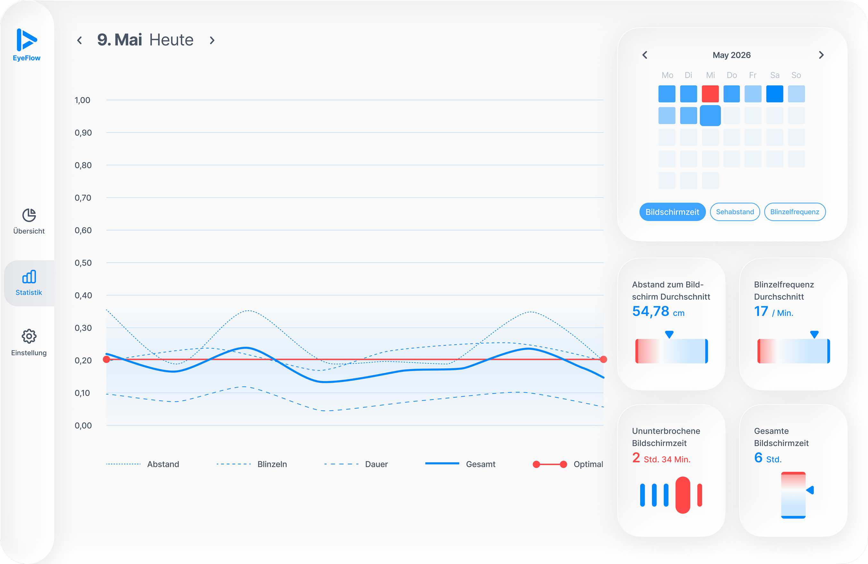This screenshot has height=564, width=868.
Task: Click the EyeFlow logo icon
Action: point(26,40)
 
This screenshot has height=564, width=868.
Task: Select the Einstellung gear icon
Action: point(29,336)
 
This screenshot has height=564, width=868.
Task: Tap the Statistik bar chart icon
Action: point(29,277)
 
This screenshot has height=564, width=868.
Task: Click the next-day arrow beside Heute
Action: point(212,40)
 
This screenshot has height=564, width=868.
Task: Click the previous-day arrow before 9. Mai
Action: point(79,40)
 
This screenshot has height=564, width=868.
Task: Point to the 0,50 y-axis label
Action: point(83,263)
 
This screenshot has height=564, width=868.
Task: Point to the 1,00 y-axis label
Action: point(82,100)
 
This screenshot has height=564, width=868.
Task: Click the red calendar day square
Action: point(710,94)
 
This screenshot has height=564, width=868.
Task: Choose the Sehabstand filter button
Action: point(735,212)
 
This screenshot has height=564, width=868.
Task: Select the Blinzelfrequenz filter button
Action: point(795,212)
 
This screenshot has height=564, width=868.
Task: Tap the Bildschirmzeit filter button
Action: point(672,212)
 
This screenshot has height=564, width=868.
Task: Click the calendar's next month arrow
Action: point(821,55)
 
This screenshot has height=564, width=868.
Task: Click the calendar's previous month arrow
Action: point(645,55)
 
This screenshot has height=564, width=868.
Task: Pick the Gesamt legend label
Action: point(480,464)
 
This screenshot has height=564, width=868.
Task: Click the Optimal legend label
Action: point(588,464)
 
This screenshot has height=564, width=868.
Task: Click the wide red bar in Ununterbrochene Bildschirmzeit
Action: point(683,495)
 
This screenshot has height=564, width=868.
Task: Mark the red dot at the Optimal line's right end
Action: point(604,360)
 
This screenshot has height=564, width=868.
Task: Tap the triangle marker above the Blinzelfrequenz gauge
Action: point(814,334)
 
